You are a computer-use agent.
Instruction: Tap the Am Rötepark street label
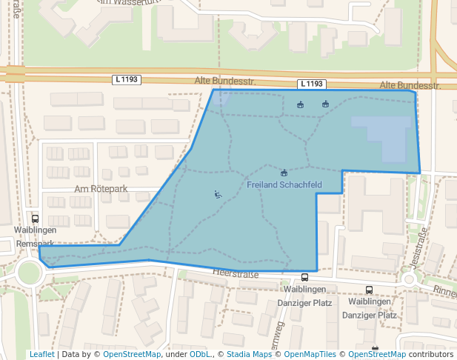tap(101, 189)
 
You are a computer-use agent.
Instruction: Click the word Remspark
tap(35, 243)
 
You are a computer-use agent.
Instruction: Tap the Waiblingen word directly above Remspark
tap(35, 230)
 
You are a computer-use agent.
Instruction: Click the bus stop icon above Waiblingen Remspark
tap(35, 219)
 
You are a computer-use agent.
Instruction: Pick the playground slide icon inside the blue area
tap(218, 195)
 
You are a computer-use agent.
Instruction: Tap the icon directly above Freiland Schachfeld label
tap(284, 172)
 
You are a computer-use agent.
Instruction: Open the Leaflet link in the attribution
tap(41, 354)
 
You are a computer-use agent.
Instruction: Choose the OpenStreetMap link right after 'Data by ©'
tap(131, 354)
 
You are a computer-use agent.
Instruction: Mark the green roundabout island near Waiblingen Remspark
tap(29, 272)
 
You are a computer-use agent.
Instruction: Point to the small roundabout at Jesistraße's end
tap(408, 279)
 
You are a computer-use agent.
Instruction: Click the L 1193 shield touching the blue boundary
tap(312, 84)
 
